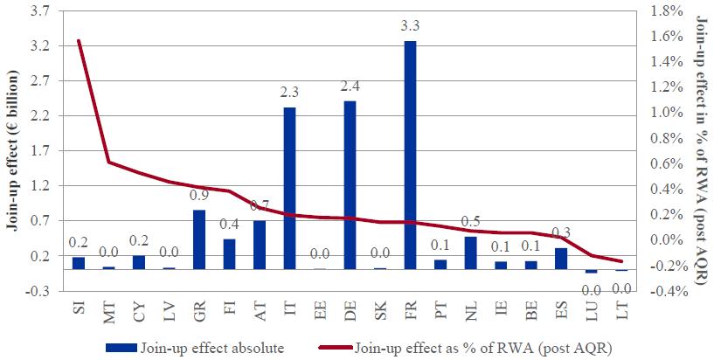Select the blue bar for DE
tap(350, 184)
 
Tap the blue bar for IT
tap(289, 188)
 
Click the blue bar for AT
tap(260, 245)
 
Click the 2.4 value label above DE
tap(350, 89)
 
